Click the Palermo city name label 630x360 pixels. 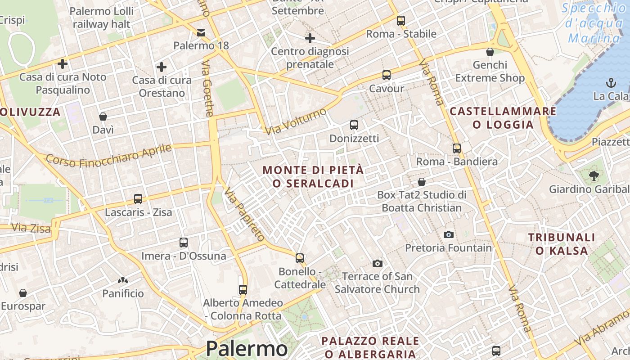click(x=247, y=349)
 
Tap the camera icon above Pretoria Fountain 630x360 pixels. click(x=448, y=234)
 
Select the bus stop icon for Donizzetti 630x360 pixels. click(x=354, y=125)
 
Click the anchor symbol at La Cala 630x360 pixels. click(x=611, y=83)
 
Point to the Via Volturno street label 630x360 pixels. click(x=295, y=121)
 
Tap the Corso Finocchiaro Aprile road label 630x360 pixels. click(x=109, y=155)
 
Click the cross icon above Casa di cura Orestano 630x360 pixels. click(x=162, y=67)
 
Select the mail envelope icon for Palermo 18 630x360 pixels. click(x=201, y=32)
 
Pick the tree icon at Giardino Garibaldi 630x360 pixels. click(x=594, y=175)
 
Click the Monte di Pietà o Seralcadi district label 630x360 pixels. click(x=313, y=177)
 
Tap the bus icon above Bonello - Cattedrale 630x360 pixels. click(x=300, y=258)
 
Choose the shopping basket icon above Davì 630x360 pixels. click(x=103, y=117)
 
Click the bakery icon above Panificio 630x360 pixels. click(x=123, y=280)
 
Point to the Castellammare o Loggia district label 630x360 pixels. click(x=503, y=118)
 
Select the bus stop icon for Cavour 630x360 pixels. click(x=386, y=75)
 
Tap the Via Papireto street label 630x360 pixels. click(x=244, y=214)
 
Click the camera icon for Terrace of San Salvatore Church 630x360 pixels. click(x=377, y=263)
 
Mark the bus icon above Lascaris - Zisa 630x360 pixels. click(x=138, y=199)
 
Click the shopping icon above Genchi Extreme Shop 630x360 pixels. click(x=490, y=52)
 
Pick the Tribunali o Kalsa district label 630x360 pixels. click(x=562, y=244)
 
